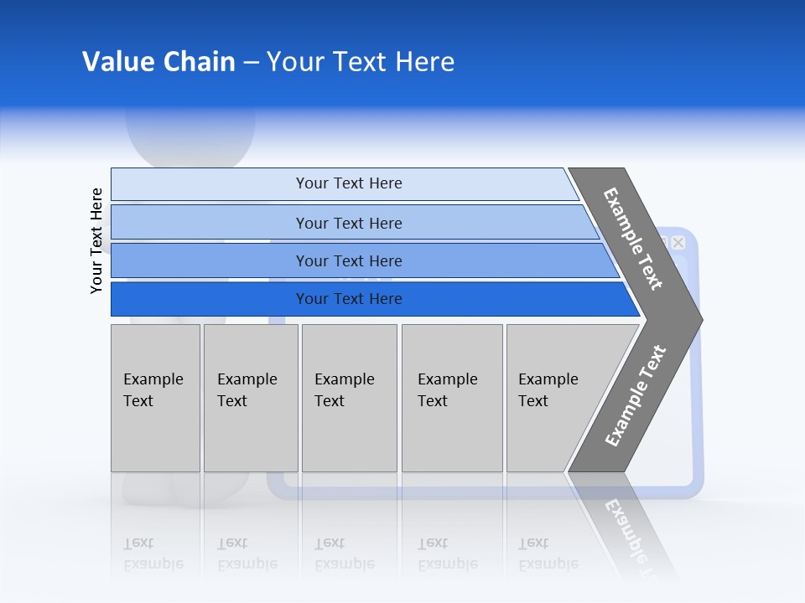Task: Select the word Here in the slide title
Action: click(424, 62)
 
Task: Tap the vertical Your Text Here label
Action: click(96, 240)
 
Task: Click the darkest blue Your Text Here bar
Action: click(349, 299)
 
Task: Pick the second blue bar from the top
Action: click(349, 223)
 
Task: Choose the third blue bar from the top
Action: click(349, 260)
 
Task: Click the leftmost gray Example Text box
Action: click(155, 398)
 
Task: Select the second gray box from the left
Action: click(250, 398)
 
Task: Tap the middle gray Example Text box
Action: click(349, 398)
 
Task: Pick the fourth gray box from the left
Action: click(451, 398)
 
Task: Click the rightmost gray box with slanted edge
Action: click(553, 398)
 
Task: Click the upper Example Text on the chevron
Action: click(633, 240)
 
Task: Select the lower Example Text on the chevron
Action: click(635, 395)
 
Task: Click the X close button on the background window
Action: click(678, 243)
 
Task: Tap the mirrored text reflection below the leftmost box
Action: click(153, 554)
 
